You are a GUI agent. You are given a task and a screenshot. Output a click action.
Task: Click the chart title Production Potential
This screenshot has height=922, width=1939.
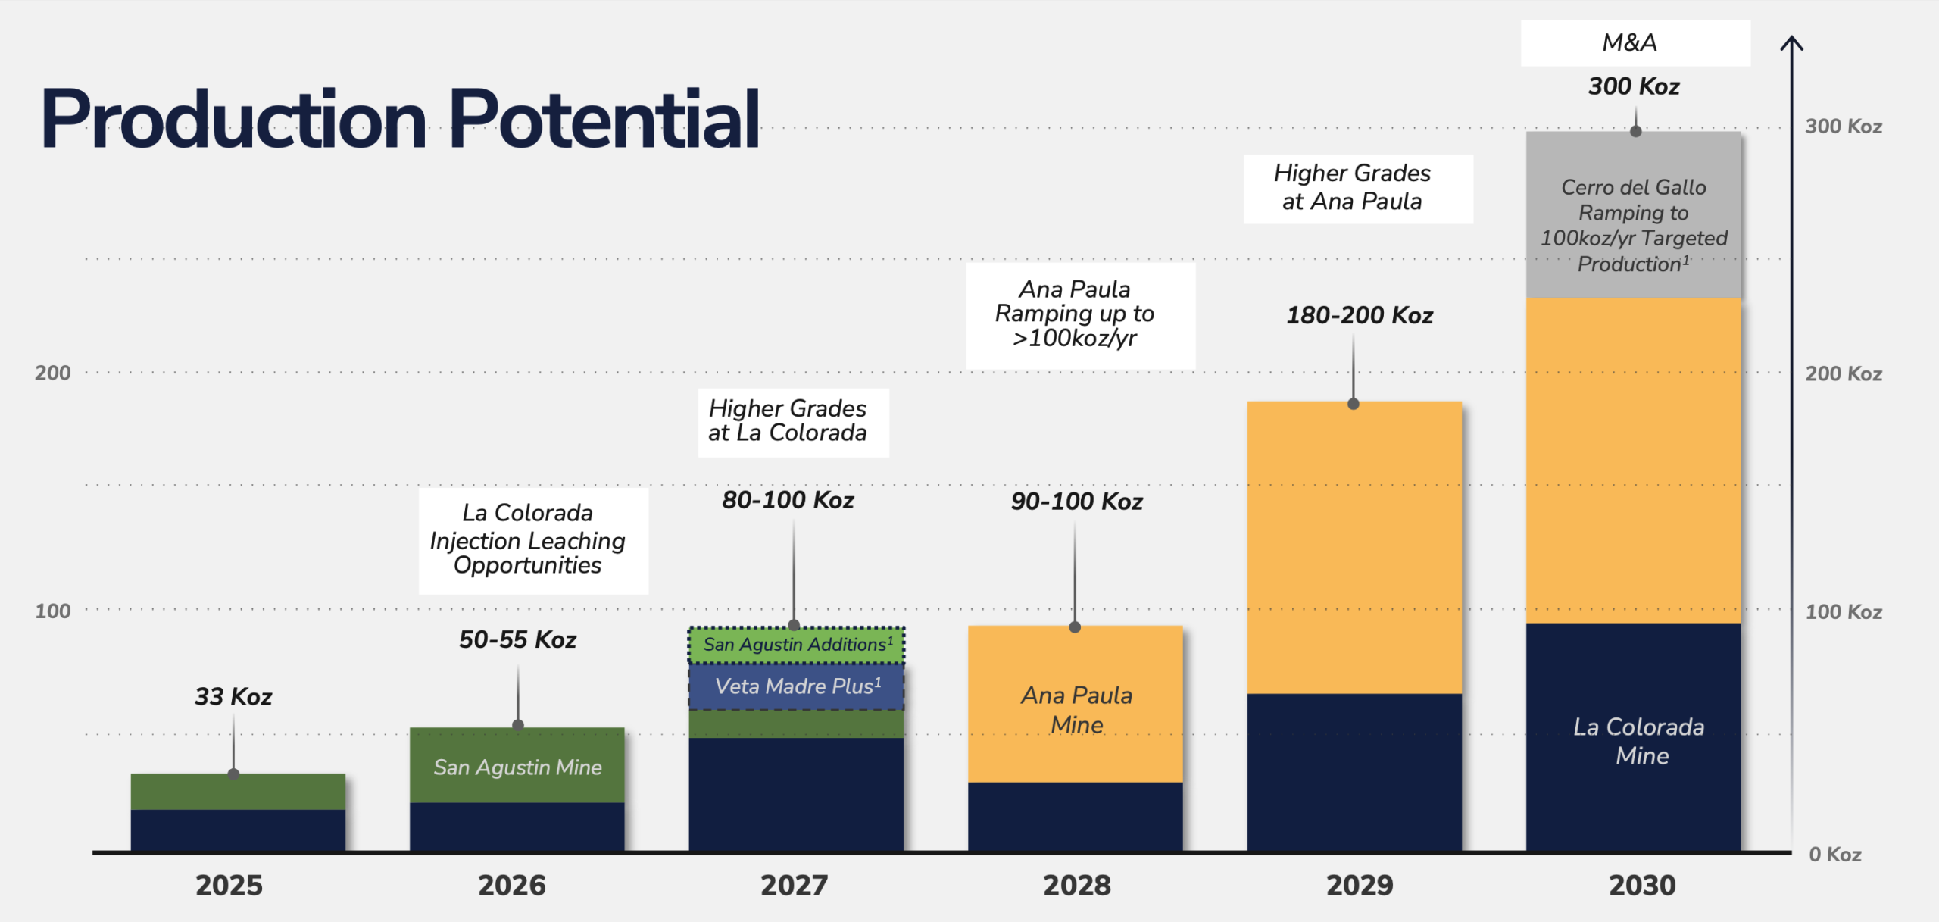pyautogui.click(x=400, y=120)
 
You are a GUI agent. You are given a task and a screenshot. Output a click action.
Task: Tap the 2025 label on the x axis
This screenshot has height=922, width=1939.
pyautogui.click(x=229, y=885)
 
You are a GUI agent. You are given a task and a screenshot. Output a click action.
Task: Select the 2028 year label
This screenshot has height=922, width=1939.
pyautogui.click(x=1076, y=885)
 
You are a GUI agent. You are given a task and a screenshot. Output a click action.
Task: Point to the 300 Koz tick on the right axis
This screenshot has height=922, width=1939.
pyautogui.click(x=1843, y=126)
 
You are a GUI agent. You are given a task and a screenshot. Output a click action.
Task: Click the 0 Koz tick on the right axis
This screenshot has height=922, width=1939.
pyautogui.click(x=1834, y=855)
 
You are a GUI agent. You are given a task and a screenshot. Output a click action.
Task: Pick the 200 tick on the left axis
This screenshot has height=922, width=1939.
pyautogui.click(x=52, y=373)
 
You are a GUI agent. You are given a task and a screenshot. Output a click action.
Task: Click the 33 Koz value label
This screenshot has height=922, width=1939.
pyautogui.click(x=233, y=696)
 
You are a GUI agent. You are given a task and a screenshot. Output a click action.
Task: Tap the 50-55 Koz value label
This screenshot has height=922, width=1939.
pyautogui.click(x=517, y=639)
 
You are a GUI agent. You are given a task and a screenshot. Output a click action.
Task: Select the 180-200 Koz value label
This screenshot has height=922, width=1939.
pyautogui.click(x=1360, y=315)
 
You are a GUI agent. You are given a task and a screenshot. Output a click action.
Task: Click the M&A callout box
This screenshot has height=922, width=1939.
pyautogui.click(x=1635, y=43)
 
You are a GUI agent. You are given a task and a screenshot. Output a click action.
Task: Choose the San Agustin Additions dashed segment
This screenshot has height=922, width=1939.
pyautogui.click(x=796, y=645)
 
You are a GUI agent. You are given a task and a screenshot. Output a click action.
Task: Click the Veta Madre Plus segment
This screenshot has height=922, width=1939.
pyautogui.click(x=796, y=686)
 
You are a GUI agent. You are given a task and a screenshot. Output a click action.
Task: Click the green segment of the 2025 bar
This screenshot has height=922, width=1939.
pyautogui.click(x=238, y=792)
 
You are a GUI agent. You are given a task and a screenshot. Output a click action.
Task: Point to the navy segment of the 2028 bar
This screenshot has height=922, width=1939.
pyautogui.click(x=1075, y=817)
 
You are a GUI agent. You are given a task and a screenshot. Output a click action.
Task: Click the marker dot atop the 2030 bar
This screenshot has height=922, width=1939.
pyautogui.click(x=1635, y=132)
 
